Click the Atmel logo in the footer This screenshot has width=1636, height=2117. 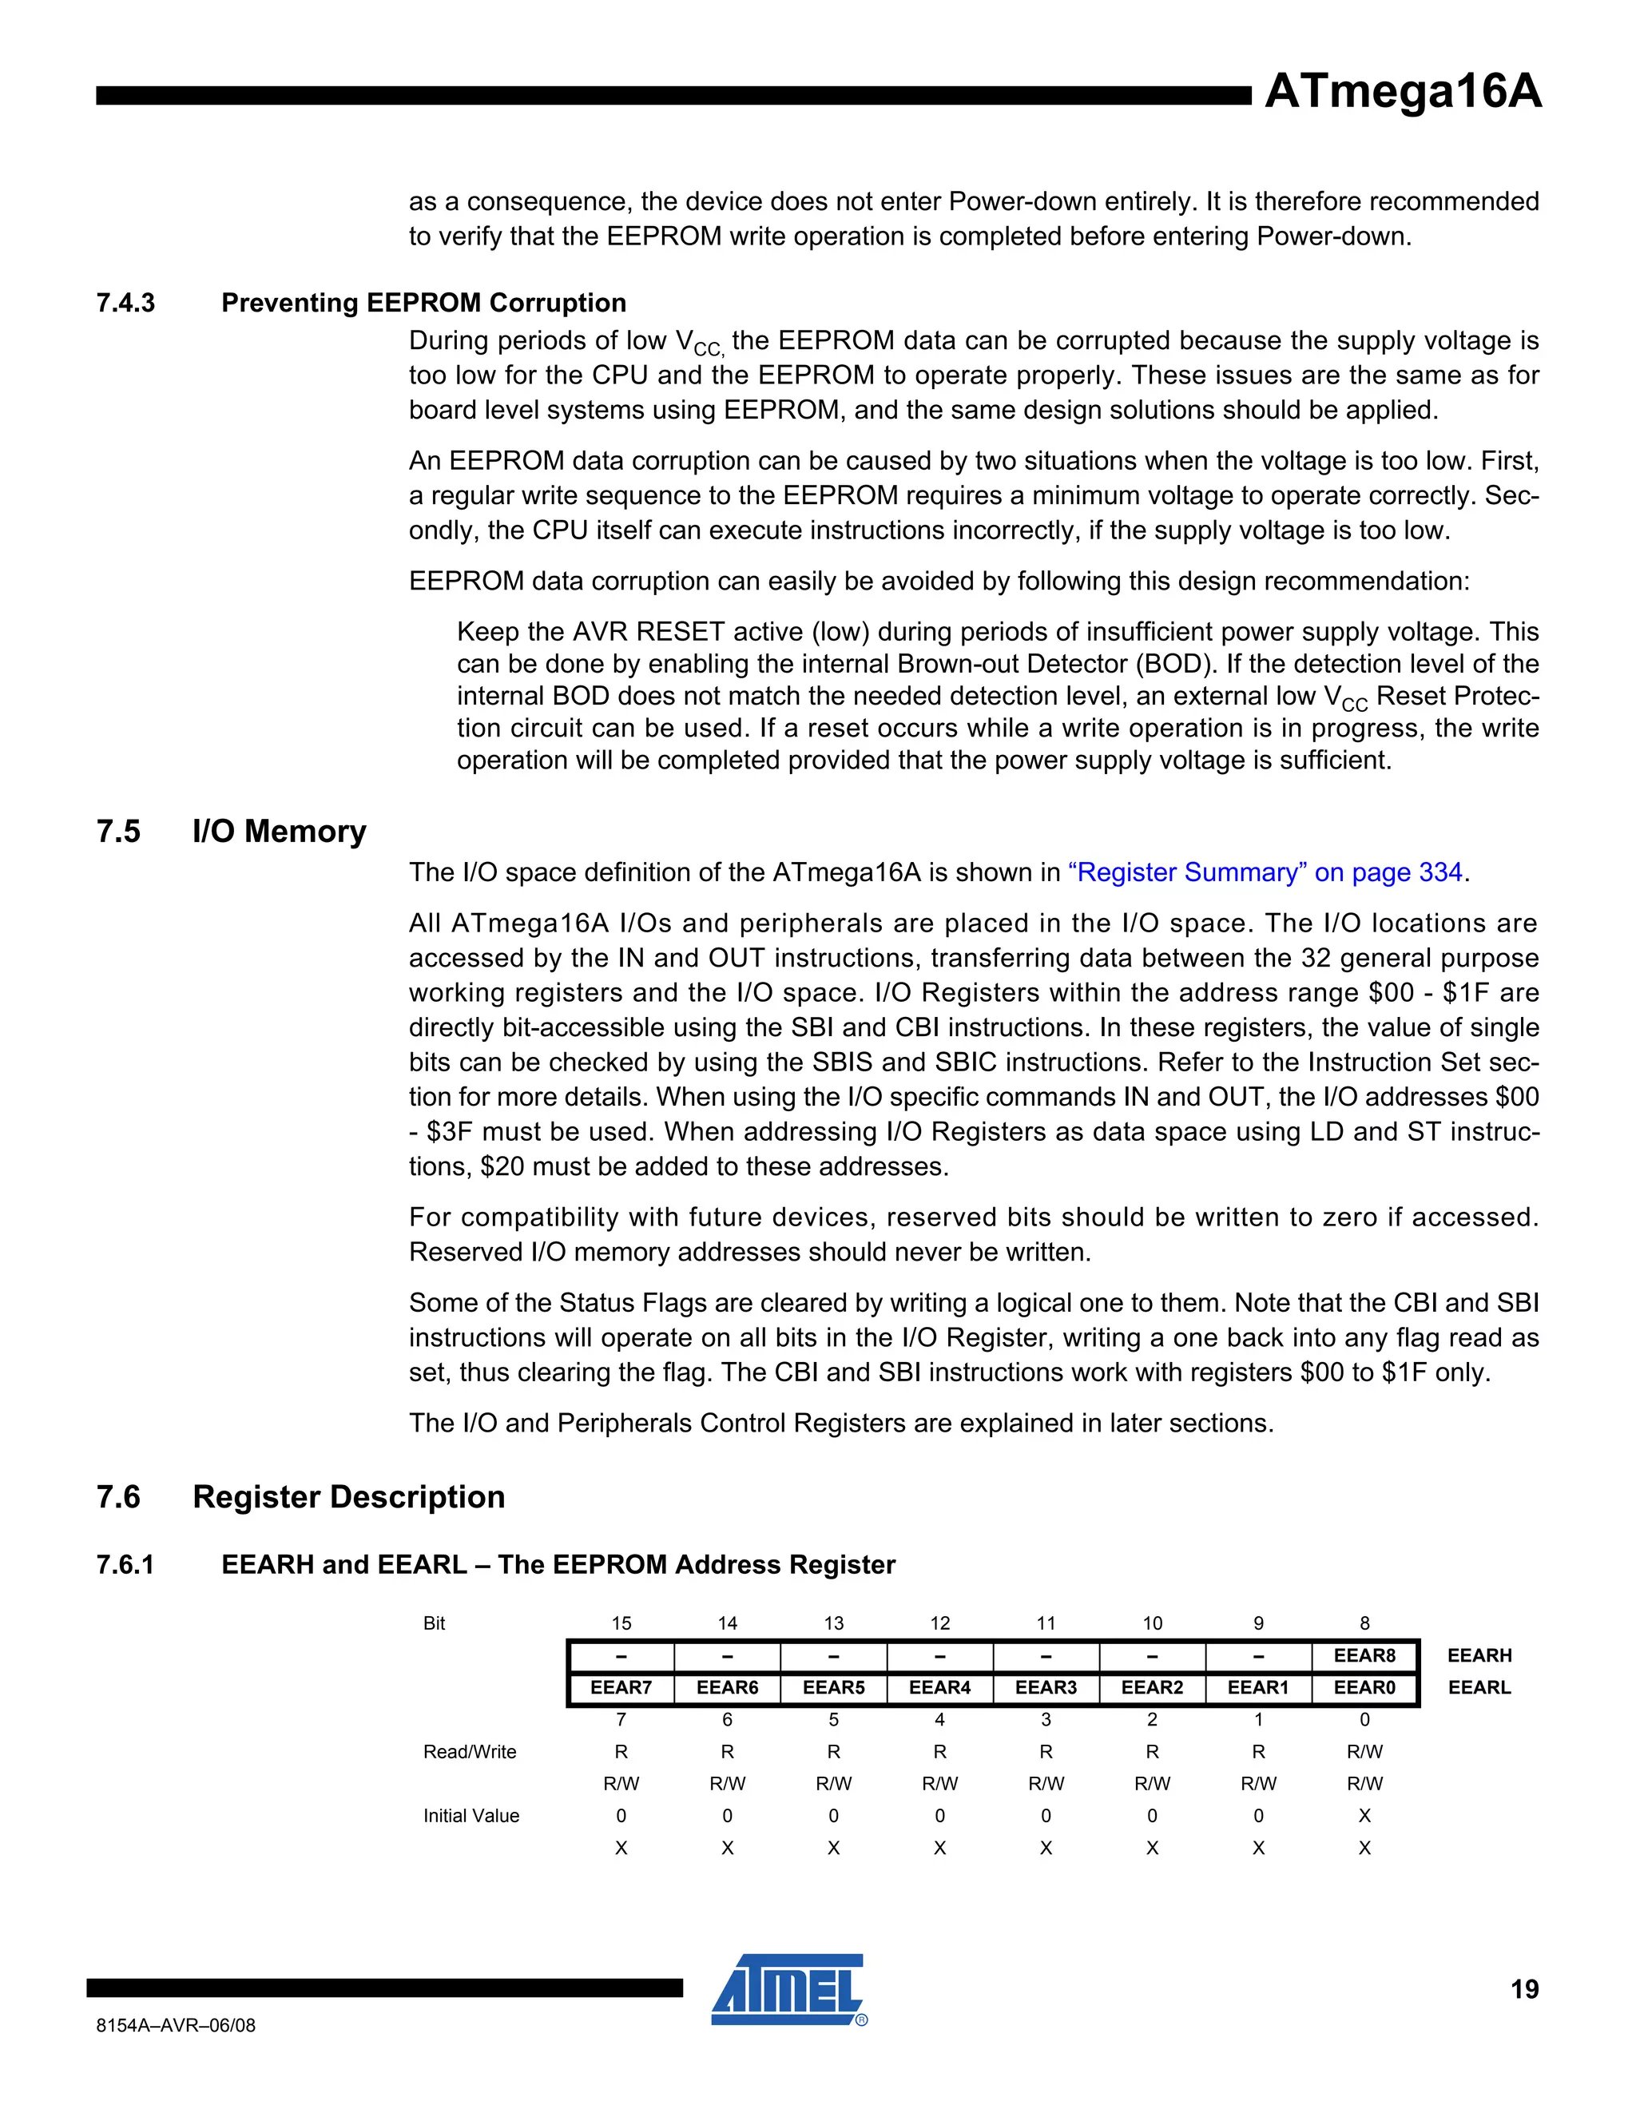pyautogui.click(x=788, y=1990)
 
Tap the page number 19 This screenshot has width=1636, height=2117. pyautogui.click(x=1523, y=1989)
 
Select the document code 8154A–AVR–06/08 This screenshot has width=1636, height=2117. pyautogui.click(x=176, y=2025)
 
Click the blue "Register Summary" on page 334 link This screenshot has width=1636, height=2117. pyautogui.click(x=1269, y=872)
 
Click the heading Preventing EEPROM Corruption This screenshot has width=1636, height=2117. pyautogui.click(x=423, y=303)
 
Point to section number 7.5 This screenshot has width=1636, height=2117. pyautogui.click(x=118, y=832)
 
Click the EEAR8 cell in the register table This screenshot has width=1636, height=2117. pyautogui.click(x=1364, y=1655)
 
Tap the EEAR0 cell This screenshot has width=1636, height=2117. pyautogui.click(x=1364, y=1687)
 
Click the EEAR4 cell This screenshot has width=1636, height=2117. pyautogui.click(x=939, y=1687)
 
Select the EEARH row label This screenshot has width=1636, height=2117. pyautogui.click(x=1479, y=1655)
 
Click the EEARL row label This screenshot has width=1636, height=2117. pyautogui.click(x=1479, y=1687)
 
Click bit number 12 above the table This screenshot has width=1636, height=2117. pyautogui.click(x=939, y=1623)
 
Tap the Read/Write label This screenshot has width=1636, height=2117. pyautogui.click(x=469, y=1752)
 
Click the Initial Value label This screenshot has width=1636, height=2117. pyautogui.click(x=471, y=1816)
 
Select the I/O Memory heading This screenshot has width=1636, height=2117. pyautogui.click(x=279, y=832)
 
